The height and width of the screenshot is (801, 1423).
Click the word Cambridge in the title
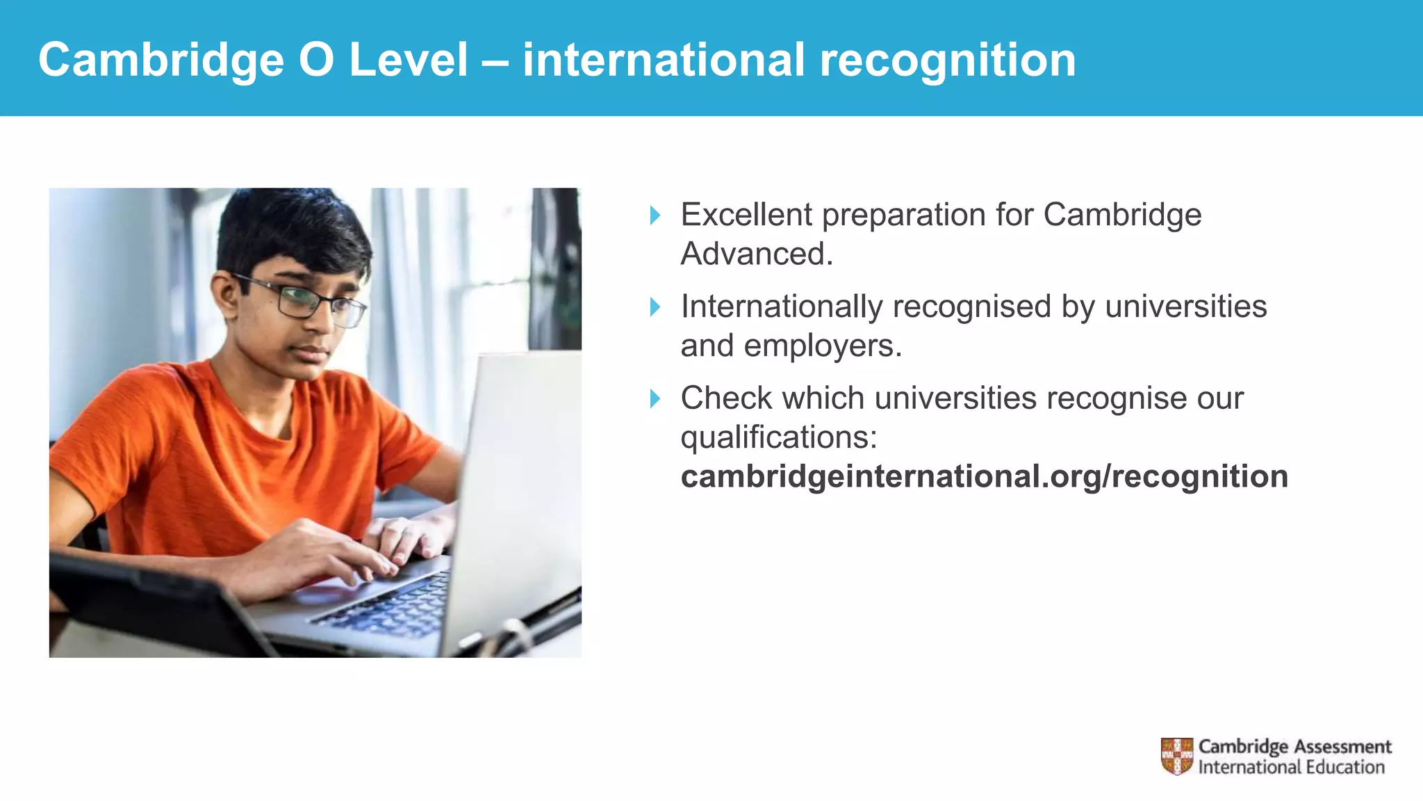tap(161, 60)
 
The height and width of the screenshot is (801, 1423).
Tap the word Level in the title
tap(409, 60)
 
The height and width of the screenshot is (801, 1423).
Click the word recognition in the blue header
tap(948, 60)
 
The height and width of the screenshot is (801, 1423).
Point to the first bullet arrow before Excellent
tap(655, 216)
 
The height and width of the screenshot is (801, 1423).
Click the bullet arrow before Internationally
tap(655, 307)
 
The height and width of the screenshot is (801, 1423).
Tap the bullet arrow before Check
tap(655, 398)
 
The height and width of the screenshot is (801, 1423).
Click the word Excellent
tap(746, 215)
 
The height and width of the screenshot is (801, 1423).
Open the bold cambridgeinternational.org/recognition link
tap(984, 477)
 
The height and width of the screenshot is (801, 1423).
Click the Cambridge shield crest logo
tap(1176, 756)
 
